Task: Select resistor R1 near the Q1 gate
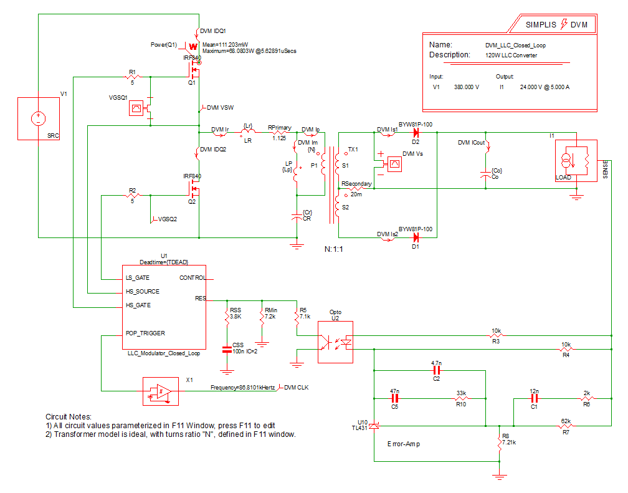tap(132, 77)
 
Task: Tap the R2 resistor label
tap(132, 189)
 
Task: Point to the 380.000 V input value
tap(467, 87)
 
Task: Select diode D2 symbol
tap(416, 132)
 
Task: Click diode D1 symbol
tap(416, 237)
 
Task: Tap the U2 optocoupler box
tap(335, 342)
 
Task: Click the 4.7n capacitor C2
tap(436, 370)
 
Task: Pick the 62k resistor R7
tap(566, 426)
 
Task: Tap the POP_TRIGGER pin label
tap(145, 333)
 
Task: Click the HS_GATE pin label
tap(138, 305)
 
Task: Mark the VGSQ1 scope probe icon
tap(135, 108)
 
